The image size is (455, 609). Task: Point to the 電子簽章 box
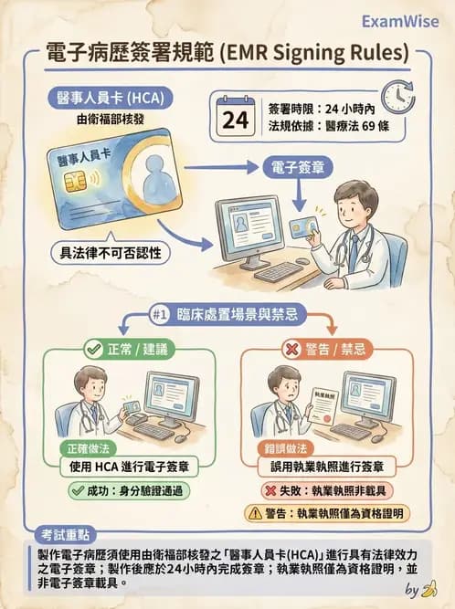point(299,167)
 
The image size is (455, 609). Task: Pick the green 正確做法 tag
point(89,449)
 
